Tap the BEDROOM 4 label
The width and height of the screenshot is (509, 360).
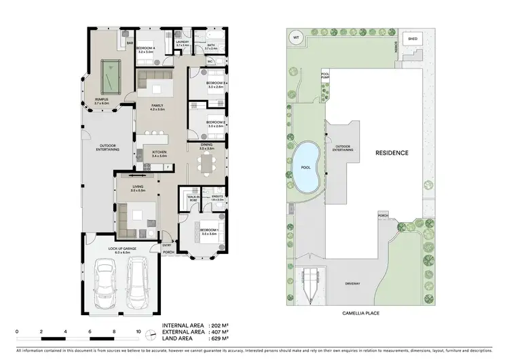pos(145,48)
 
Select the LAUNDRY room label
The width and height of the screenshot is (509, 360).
pos(181,42)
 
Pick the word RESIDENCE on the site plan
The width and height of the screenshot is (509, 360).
pos(392,153)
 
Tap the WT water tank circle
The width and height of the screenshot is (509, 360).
pos(296,37)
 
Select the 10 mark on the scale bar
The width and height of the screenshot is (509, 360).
pos(138,332)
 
